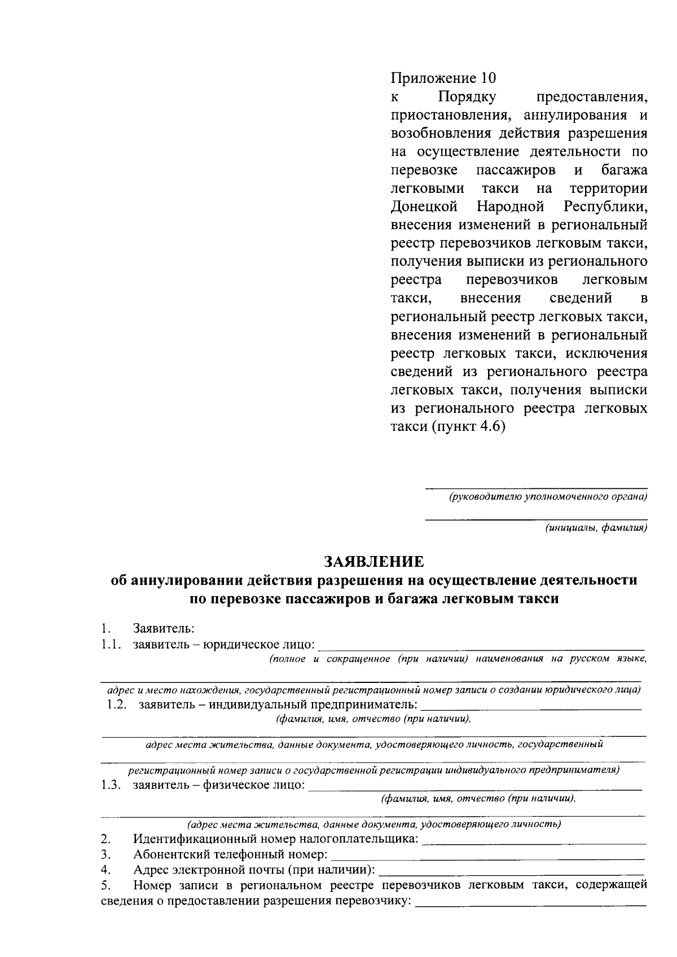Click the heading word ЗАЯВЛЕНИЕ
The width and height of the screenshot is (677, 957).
tap(373, 562)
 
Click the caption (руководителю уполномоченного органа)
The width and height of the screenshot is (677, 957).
tap(547, 497)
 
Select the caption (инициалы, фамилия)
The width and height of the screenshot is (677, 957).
tap(595, 528)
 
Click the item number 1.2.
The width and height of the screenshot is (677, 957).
tap(116, 705)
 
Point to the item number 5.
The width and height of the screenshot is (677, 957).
tap(105, 885)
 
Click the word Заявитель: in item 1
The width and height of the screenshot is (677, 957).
tap(164, 628)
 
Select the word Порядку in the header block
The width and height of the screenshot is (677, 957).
tap(468, 96)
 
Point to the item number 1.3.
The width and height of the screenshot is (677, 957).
tap(111, 786)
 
